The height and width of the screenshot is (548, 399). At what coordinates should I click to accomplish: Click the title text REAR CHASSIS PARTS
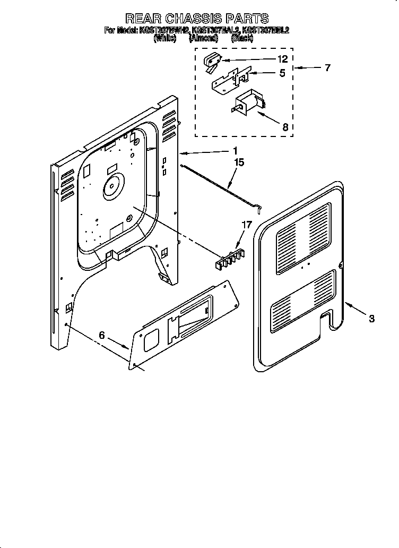click(x=196, y=20)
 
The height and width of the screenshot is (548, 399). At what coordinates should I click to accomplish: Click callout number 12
click(x=282, y=59)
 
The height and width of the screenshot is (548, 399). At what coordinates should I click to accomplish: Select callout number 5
click(x=282, y=73)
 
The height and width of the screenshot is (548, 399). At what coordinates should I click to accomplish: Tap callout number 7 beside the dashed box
click(x=327, y=68)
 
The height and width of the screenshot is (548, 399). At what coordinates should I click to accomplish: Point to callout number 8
click(x=285, y=127)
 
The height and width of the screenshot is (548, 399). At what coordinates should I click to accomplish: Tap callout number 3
click(x=372, y=319)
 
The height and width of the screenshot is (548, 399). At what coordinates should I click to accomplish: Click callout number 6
click(x=102, y=335)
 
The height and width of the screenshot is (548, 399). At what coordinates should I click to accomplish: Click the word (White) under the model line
click(x=164, y=38)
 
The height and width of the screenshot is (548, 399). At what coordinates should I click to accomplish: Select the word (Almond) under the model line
click(x=203, y=38)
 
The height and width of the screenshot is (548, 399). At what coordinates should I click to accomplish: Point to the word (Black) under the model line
click(x=242, y=38)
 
